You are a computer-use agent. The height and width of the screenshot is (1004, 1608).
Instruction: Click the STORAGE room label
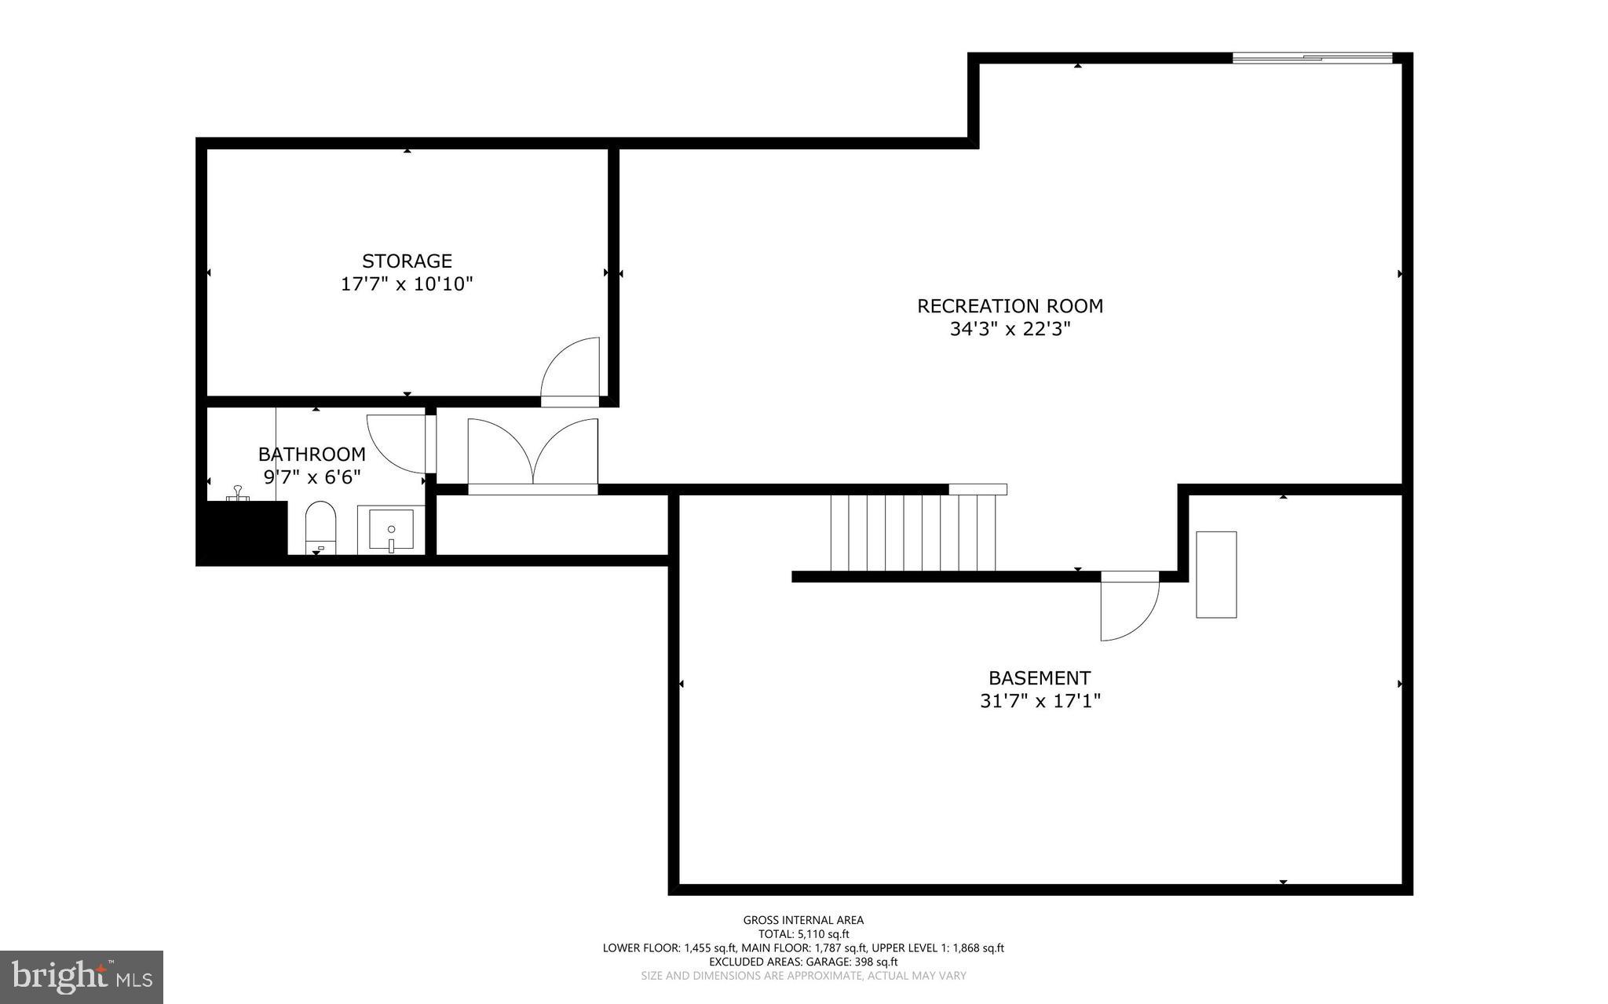point(407,261)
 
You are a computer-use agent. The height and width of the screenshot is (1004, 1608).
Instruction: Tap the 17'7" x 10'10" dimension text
point(407,284)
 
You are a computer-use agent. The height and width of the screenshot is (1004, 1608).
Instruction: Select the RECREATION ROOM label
point(1010,306)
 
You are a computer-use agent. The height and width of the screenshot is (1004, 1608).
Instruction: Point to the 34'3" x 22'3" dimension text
point(1010,329)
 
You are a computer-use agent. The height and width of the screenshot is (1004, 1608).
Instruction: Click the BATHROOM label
point(312,455)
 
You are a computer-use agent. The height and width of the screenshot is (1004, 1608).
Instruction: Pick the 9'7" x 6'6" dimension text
point(312,477)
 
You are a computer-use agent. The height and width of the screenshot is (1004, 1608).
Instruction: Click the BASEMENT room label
point(1039,678)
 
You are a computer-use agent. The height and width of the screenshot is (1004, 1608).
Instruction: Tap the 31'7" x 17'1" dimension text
point(1040,701)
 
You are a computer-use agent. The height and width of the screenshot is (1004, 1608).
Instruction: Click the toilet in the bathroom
point(320,526)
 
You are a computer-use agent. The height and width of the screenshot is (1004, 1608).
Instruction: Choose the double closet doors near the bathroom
point(533,454)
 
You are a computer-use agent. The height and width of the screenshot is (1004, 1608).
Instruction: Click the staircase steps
point(913,532)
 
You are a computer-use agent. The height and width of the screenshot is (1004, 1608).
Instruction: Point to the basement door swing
point(1128,608)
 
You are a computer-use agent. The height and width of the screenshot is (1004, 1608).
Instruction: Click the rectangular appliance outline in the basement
point(1215,575)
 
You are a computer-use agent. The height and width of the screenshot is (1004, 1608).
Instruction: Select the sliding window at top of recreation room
point(1312,57)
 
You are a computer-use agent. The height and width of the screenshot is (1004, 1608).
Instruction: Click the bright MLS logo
point(82,977)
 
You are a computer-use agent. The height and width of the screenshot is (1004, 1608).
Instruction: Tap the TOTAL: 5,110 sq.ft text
point(803,934)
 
